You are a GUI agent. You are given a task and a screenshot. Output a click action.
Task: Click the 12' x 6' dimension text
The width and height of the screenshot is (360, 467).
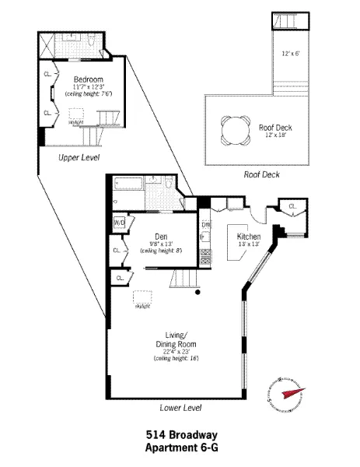[291, 54]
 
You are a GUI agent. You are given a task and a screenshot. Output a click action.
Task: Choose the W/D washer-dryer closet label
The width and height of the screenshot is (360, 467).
[119, 223]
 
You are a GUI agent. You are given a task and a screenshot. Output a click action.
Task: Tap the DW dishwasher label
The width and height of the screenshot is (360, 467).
[206, 226]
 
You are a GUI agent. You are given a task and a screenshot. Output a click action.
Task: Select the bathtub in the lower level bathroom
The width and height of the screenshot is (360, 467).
[128, 185]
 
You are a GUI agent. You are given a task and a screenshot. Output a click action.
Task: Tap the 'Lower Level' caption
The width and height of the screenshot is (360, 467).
[180, 407]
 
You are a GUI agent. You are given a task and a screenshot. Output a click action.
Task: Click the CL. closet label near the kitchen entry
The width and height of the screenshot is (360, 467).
[292, 205]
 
